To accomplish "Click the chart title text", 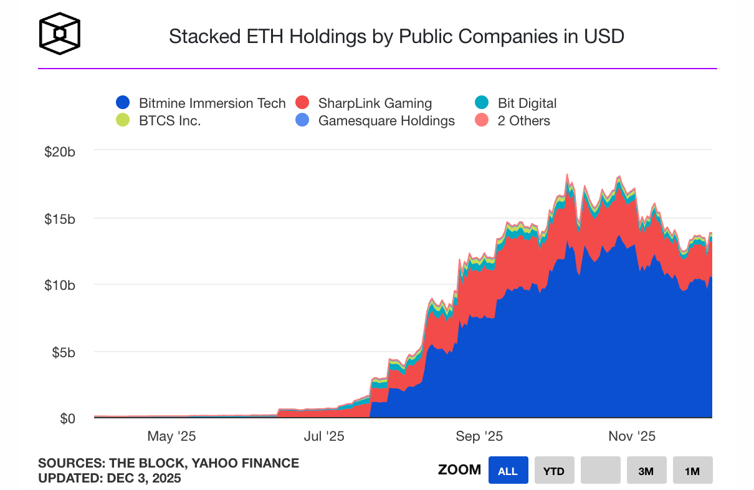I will point(396,37).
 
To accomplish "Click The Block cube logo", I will point(60,34).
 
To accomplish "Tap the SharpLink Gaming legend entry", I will point(375,103).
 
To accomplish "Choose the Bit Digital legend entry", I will point(527,103).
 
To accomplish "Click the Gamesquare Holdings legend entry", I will point(386,120).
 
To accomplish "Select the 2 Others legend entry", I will point(523,120).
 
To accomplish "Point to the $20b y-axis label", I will point(60,152).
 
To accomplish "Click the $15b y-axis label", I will point(60,219).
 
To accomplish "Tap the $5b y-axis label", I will point(62,352).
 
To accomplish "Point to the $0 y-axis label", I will point(67,418).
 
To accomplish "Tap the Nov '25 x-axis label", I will point(631,436).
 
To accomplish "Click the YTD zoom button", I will point(554,471).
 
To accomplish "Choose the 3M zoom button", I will point(646,471).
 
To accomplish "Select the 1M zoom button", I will point(692,471).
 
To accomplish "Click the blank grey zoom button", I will point(600,471).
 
